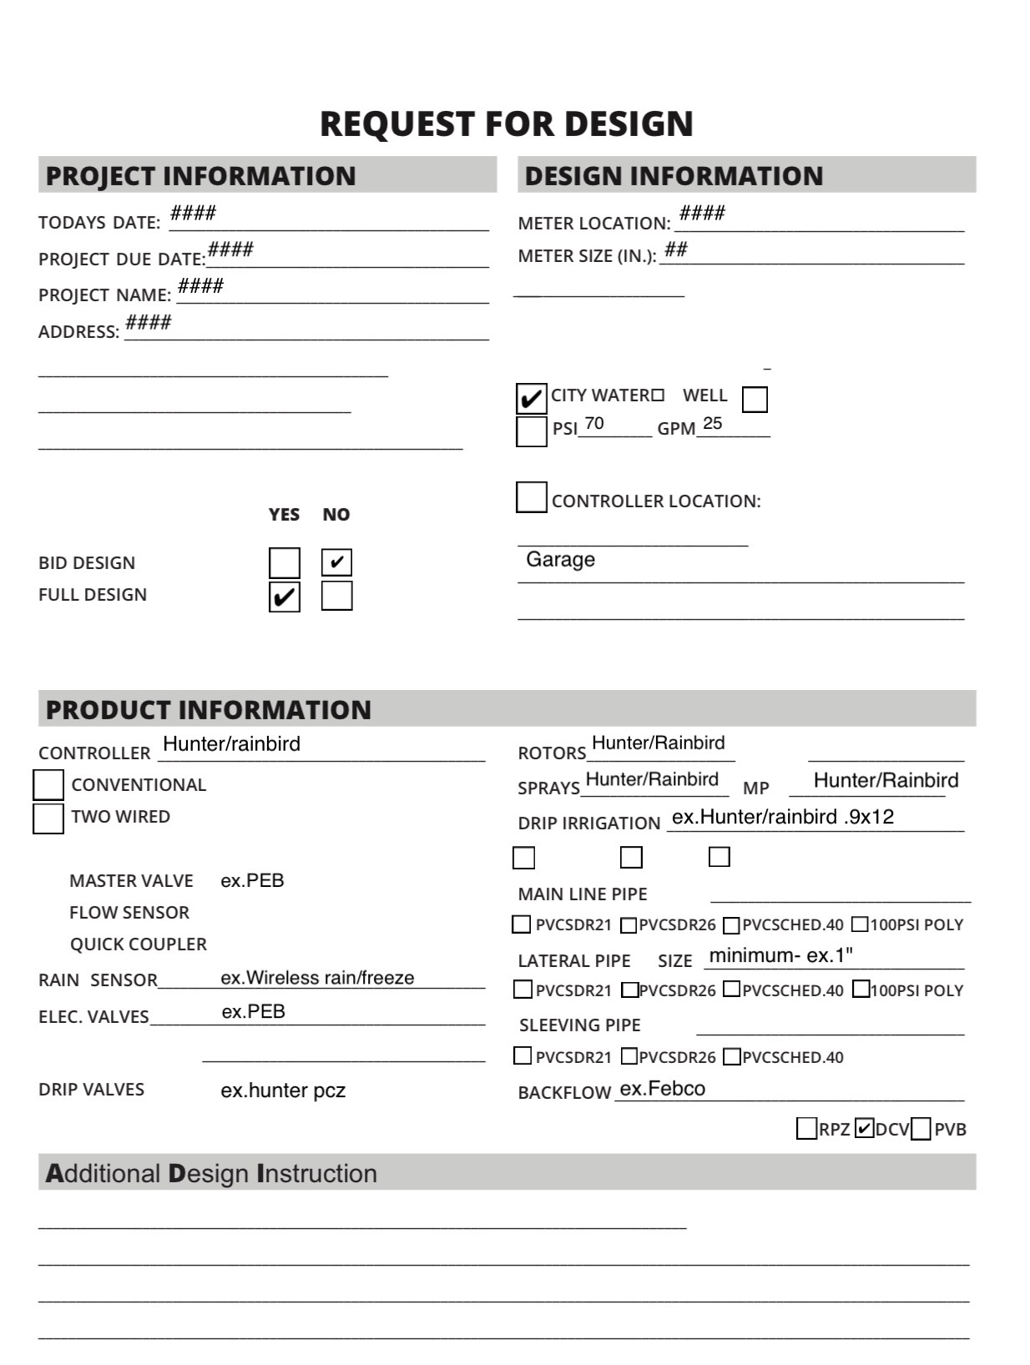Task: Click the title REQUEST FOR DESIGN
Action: click(x=506, y=123)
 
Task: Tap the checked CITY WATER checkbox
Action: click(x=531, y=398)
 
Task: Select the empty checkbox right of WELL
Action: click(x=754, y=399)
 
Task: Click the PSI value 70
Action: click(x=594, y=424)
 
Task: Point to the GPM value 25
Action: click(x=712, y=424)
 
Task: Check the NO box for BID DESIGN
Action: click(x=336, y=562)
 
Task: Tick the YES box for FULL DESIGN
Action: click(x=284, y=597)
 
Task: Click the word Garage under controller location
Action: click(x=560, y=560)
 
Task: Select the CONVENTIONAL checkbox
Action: click(x=48, y=785)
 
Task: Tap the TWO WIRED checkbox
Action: click(x=48, y=818)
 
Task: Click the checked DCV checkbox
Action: click(x=865, y=1129)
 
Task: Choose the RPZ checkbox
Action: click(x=806, y=1129)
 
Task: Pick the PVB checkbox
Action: click(x=921, y=1129)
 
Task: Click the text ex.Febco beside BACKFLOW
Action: click(x=663, y=1089)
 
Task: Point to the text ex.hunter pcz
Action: click(x=283, y=1090)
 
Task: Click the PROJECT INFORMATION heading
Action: click(x=200, y=176)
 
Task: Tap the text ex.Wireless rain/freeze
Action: click(x=317, y=978)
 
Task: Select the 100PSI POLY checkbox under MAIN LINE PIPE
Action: click(x=860, y=924)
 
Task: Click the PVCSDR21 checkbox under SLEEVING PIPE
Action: click(x=523, y=1056)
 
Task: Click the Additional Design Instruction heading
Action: click(x=211, y=1173)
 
